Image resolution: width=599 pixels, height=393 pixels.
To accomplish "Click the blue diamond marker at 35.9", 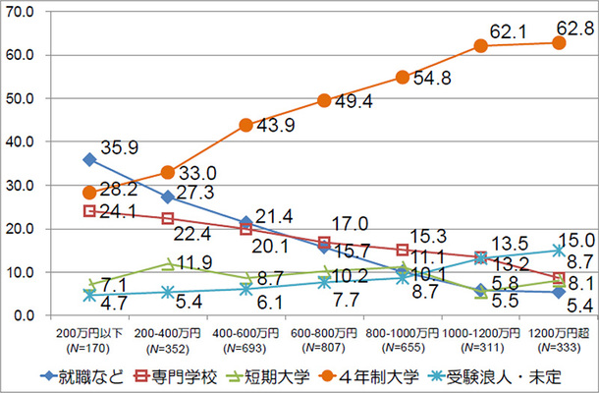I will click(x=89, y=159).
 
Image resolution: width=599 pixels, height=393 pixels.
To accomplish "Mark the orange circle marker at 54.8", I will click(x=403, y=78).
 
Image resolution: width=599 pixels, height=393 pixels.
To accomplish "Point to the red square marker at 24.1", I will click(x=89, y=210).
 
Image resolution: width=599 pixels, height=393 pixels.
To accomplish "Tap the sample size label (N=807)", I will click(x=324, y=349).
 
